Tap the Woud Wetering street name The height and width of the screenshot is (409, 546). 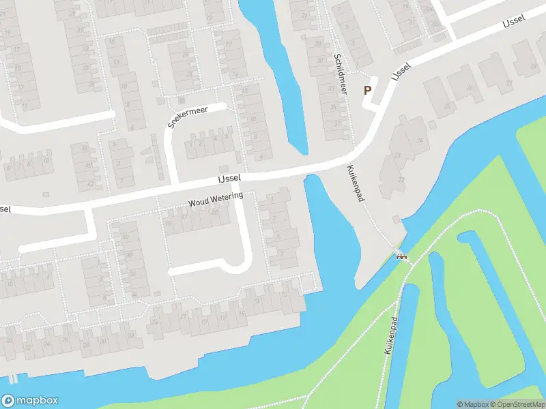tap(216, 200)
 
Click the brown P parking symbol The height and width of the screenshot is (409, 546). tap(367, 90)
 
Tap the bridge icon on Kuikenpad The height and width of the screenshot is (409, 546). tap(402, 256)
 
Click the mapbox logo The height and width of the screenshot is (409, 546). tap(30, 401)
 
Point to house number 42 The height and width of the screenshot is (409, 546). tap(90, 183)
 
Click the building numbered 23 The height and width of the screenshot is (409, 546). tap(448, 105)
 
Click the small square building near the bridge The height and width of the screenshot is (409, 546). tap(397, 219)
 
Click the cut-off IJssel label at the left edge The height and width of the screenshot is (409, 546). tap(5, 208)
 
